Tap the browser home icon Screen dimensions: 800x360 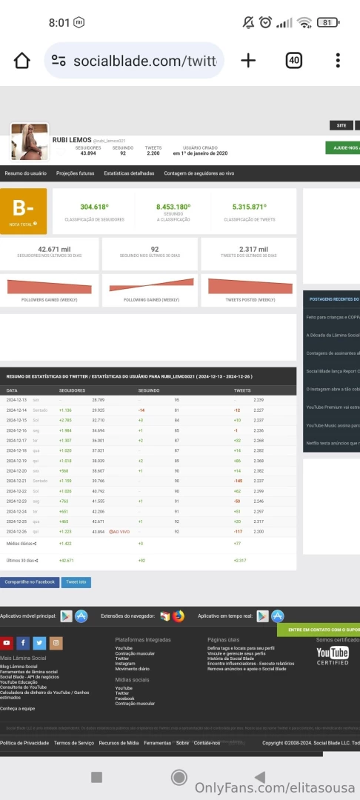(x=22, y=61)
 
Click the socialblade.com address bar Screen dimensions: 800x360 (x=133, y=61)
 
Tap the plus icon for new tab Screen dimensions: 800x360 (x=248, y=61)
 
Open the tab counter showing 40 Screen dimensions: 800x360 (x=294, y=61)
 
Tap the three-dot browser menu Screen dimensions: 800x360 (x=338, y=61)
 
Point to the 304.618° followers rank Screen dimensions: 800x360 (x=95, y=207)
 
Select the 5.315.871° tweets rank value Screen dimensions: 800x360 (x=249, y=207)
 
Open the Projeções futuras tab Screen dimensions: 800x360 (x=76, y=173)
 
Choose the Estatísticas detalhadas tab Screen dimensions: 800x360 (x=129, y=173)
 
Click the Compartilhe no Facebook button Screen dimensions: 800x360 (x=30, y=582)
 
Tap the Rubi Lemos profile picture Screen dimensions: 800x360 (x=30, y=141)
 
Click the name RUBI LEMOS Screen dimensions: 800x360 (x=72, y=140)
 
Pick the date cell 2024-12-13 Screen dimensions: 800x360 (x=16, y=400)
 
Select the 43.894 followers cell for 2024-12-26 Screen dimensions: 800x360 (x=99, y=532)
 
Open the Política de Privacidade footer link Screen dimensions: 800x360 (x=24, y=742)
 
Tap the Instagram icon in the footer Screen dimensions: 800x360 (x=56, y=643)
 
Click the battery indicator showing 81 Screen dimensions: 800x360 (x=327, y=22)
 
